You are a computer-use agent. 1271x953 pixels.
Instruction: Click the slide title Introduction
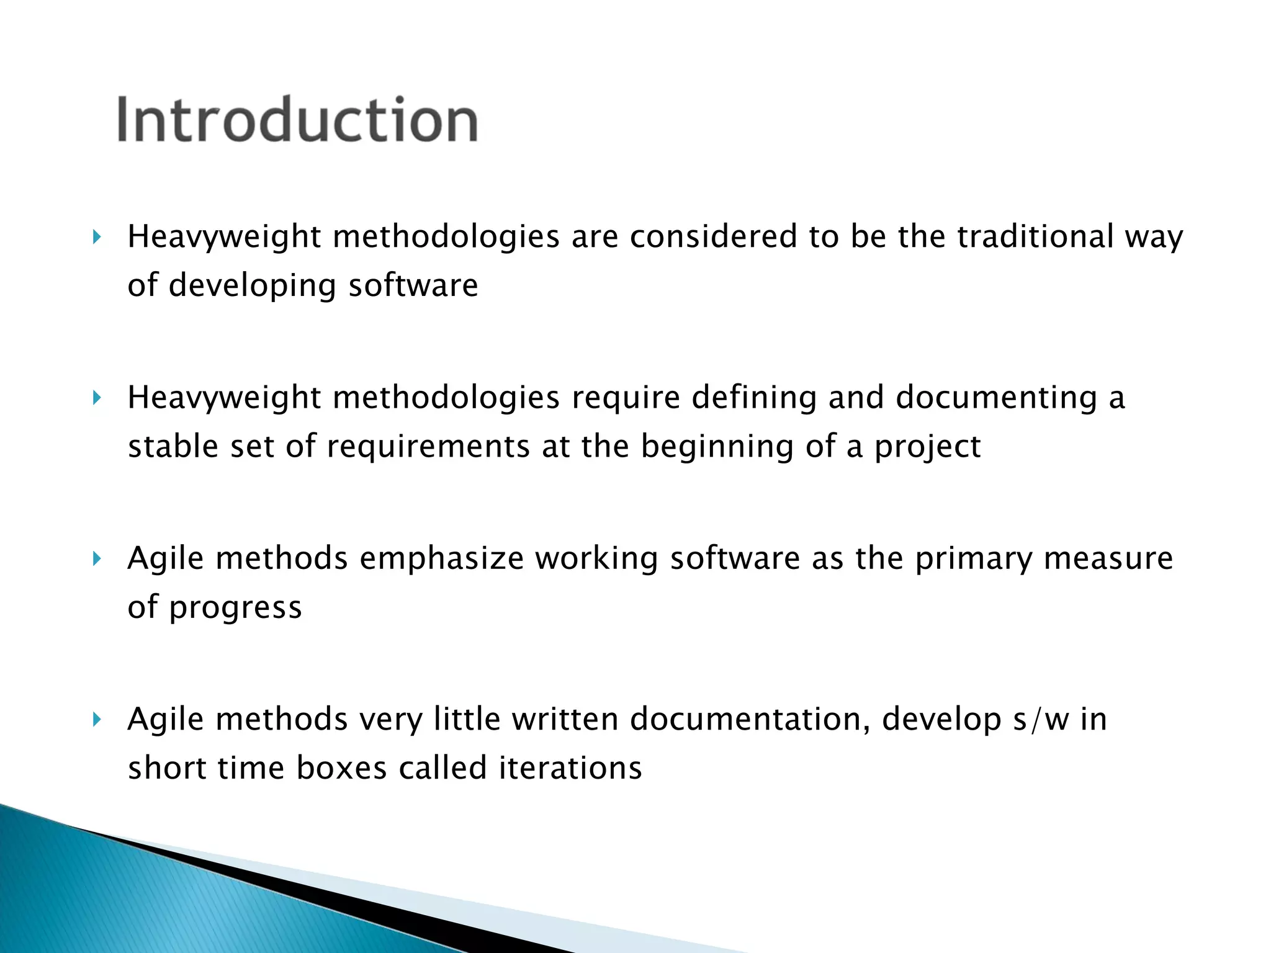pyautogui.click(x=297, y=119)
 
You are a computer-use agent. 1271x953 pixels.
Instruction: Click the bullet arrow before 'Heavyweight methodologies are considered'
pyautogui.click(x=96, y=236)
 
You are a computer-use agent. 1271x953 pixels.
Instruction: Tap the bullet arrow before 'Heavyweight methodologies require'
pyautogui.click(x=96, y=397)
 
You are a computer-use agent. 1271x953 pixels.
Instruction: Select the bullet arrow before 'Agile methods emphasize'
pyautogui.click(x=96, y=558)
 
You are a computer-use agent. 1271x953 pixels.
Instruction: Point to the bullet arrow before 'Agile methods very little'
pyautogui.click(x=96, y=719)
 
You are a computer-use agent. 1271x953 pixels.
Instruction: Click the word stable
pyautogui.click(x=173, y=446)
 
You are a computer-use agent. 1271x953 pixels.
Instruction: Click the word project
pyautogui.click(x=927, y=447)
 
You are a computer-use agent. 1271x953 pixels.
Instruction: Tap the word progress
pyautogui.click(x=235, y=608)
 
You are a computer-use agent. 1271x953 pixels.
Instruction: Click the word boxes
pyautogui.click(x=341, y=768)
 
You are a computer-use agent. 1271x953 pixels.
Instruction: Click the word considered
pyautogui.click(x=713, y=236)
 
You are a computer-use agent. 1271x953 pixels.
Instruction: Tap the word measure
pyautogui.click(x=1108, y=558)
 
